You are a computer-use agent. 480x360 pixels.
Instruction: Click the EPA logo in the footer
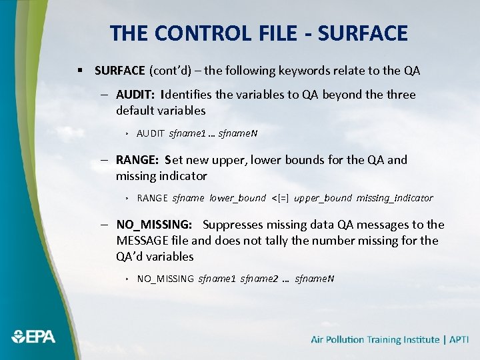[x=33, y=337]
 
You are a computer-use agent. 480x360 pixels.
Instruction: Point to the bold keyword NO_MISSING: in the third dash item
[x=154, y=225]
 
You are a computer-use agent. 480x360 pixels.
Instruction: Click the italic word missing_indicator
[x=395, y=198]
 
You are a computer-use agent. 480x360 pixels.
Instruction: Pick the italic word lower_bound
[x=237, y=198]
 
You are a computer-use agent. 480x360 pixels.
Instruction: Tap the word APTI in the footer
[x=459, y=339]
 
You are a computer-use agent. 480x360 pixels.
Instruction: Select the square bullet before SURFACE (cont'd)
[x=79, y=70]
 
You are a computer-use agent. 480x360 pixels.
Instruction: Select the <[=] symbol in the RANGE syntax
[x=280, y=198]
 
